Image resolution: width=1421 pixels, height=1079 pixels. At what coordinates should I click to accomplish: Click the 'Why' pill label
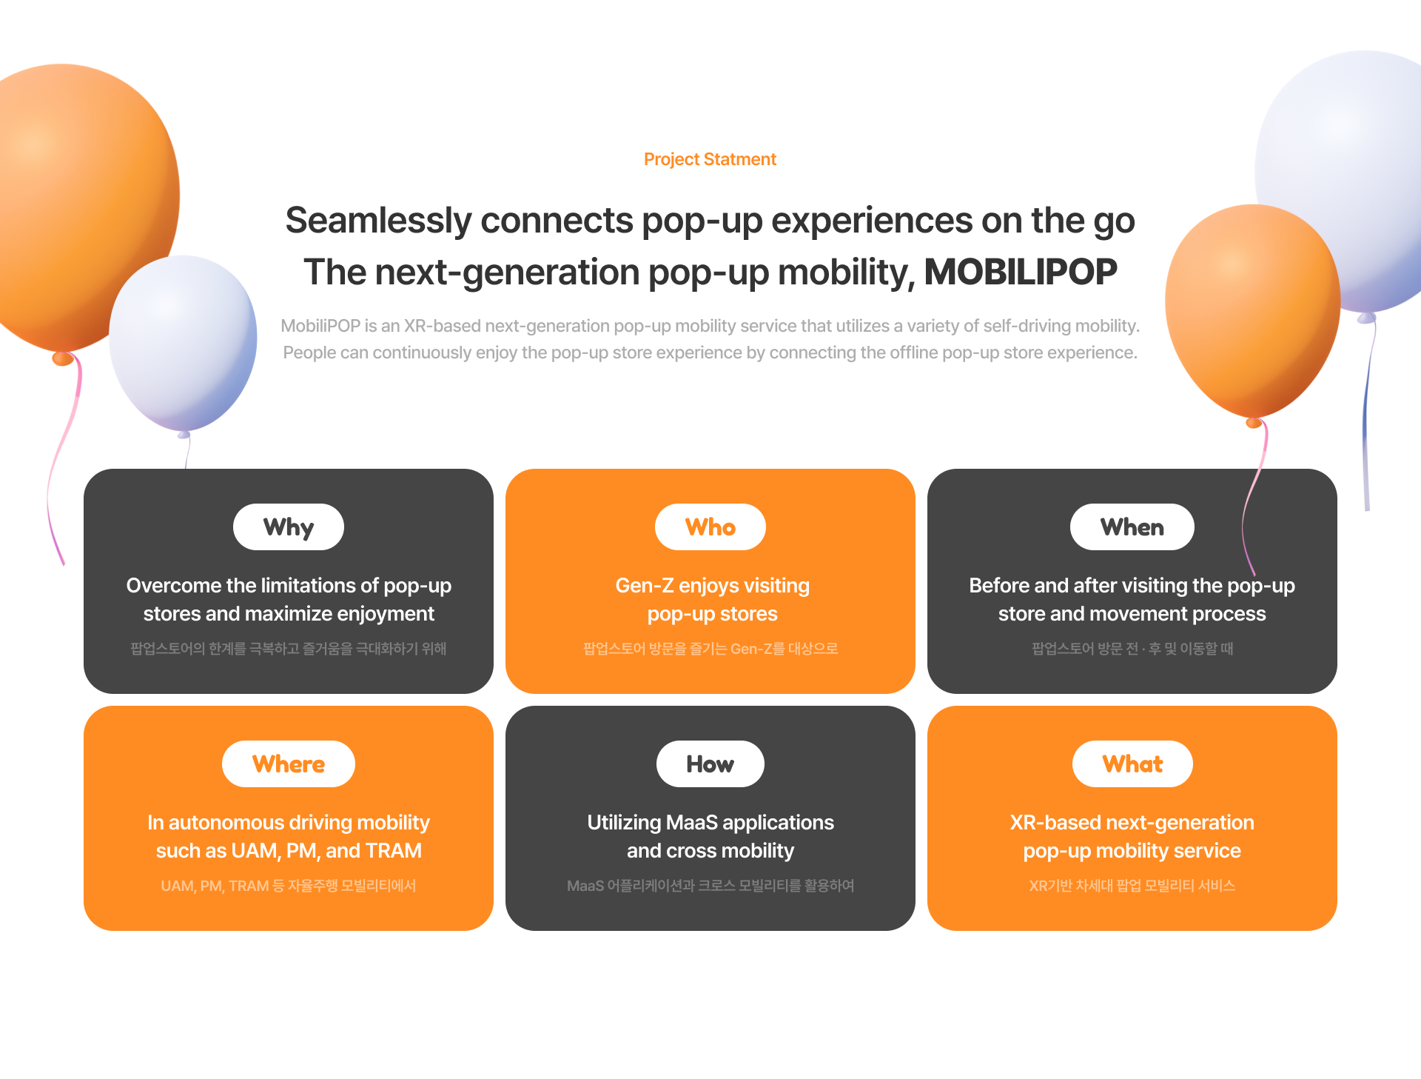(x=289, y=527)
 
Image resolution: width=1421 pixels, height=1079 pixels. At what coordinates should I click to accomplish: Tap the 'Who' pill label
(x=710, y=527)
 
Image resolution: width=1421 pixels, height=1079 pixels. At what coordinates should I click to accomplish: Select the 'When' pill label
(x=1132, y=527)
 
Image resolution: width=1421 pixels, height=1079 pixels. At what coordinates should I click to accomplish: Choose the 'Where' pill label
(x=289, y=764)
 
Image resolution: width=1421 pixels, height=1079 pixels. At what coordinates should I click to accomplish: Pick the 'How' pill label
(x=710, y=764)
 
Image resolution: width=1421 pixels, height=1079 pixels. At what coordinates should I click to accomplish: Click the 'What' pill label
(x=1132, y=764)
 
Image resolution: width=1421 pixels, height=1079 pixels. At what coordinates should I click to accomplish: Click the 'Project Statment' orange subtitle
(x=710, y=159)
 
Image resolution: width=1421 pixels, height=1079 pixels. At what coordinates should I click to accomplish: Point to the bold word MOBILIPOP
(x=1021, y=272)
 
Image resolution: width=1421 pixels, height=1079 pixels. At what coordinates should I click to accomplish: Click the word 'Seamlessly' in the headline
(x=378, y=221)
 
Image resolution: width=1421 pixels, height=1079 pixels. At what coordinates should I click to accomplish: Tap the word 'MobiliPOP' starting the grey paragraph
(x=320, y=326)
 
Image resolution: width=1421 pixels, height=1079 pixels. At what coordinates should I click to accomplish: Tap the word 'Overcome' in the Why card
(x=174, y=586)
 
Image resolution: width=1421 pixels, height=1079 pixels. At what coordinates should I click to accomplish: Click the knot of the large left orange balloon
(x=63, y=359)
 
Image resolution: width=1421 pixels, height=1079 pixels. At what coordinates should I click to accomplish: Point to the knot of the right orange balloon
(x=1254, y=423)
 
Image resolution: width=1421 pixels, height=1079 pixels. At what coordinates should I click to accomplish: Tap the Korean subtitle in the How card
(x=710, y=886)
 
